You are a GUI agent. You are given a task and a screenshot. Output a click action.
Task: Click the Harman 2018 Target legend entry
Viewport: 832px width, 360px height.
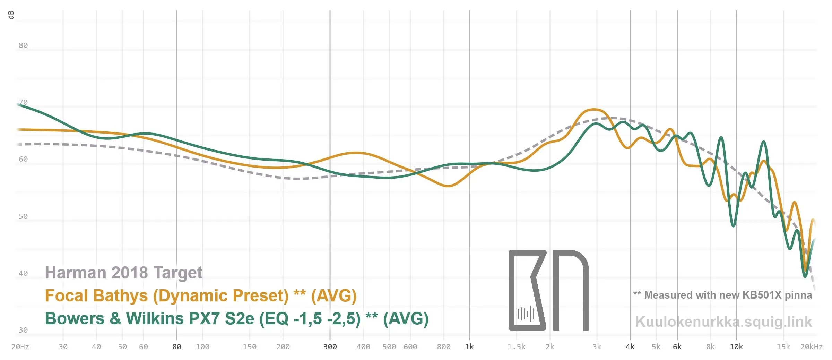click(x=124, y=273)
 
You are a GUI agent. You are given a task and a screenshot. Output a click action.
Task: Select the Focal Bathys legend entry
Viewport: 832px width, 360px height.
click(x=201, y=296)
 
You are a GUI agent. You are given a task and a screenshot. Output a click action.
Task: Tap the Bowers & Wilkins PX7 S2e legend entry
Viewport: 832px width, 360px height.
click(x=237, y=319)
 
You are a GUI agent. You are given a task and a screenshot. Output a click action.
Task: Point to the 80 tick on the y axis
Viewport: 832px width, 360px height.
click(x=23, y=45)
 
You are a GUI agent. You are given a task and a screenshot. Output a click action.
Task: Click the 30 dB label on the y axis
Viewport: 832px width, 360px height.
click(x=23, y=330)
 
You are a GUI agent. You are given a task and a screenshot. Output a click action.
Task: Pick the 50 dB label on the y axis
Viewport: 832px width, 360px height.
click(x=23, y=216)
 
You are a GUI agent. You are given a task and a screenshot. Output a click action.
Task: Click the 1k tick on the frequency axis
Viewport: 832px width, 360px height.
click(x=469, y=347)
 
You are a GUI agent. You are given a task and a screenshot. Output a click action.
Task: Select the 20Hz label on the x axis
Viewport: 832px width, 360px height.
click(x=20, y=347)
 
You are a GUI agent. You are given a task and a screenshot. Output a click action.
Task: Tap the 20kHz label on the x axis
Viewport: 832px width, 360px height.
click(x=811, y=347)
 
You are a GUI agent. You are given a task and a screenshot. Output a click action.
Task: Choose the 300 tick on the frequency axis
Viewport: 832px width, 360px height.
click(x=330, y=347)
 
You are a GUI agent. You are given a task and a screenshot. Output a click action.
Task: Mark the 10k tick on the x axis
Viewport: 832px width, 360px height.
click(x=736, y=347)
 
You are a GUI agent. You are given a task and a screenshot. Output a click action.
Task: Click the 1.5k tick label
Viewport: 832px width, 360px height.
click(x=517, y=347)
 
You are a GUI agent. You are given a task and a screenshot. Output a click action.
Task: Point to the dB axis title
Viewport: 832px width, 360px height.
click(x=11, y=15)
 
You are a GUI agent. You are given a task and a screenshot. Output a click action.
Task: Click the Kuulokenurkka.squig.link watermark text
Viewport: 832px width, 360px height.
click(x=723, y=322)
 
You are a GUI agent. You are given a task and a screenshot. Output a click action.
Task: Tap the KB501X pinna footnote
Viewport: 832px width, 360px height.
click(x=722, y=295)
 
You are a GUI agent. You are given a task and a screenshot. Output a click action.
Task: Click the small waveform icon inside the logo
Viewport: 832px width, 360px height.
click(x=526, y=314)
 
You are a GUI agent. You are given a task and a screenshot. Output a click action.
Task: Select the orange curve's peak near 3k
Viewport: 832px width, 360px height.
click(x=594, y=110)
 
